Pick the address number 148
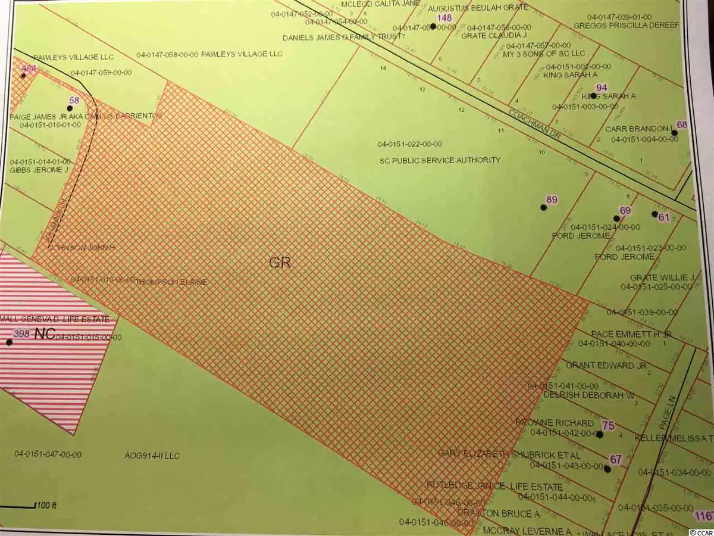coord(444,18)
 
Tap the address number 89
coord(552,200)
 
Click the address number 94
coord(602,88)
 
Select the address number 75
coord(607,425)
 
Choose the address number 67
coord(615,459)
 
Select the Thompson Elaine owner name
coord(172,282)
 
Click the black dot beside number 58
coord(70,108)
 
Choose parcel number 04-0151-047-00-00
coord(48,454)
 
